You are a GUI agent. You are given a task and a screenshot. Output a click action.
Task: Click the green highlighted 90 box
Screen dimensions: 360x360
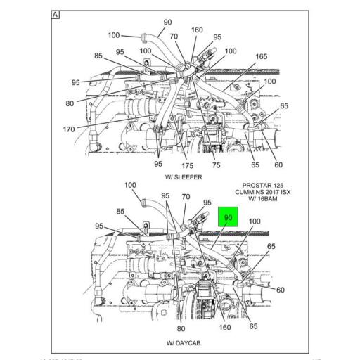click(x=229, y=217)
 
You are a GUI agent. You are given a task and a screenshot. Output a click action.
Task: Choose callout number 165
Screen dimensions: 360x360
click(x=261, y=56)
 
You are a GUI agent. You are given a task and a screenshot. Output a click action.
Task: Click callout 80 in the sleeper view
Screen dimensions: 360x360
click(x=70, y=103)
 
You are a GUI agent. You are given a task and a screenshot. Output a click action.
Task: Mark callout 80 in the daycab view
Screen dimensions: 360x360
click(x=181, y=328)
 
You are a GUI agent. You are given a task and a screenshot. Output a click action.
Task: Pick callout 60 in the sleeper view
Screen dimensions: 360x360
click(x=278, y=165)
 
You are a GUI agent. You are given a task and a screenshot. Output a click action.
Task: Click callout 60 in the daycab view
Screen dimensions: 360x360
click(x=281, y=290)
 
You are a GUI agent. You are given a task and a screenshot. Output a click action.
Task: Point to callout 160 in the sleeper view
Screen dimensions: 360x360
click(x=197, y=30)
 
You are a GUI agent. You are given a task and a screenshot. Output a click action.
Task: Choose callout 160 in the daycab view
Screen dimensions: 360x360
click(x=225, y=327)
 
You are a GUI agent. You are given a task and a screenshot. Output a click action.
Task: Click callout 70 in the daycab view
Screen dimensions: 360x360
click(x=186, y=197)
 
